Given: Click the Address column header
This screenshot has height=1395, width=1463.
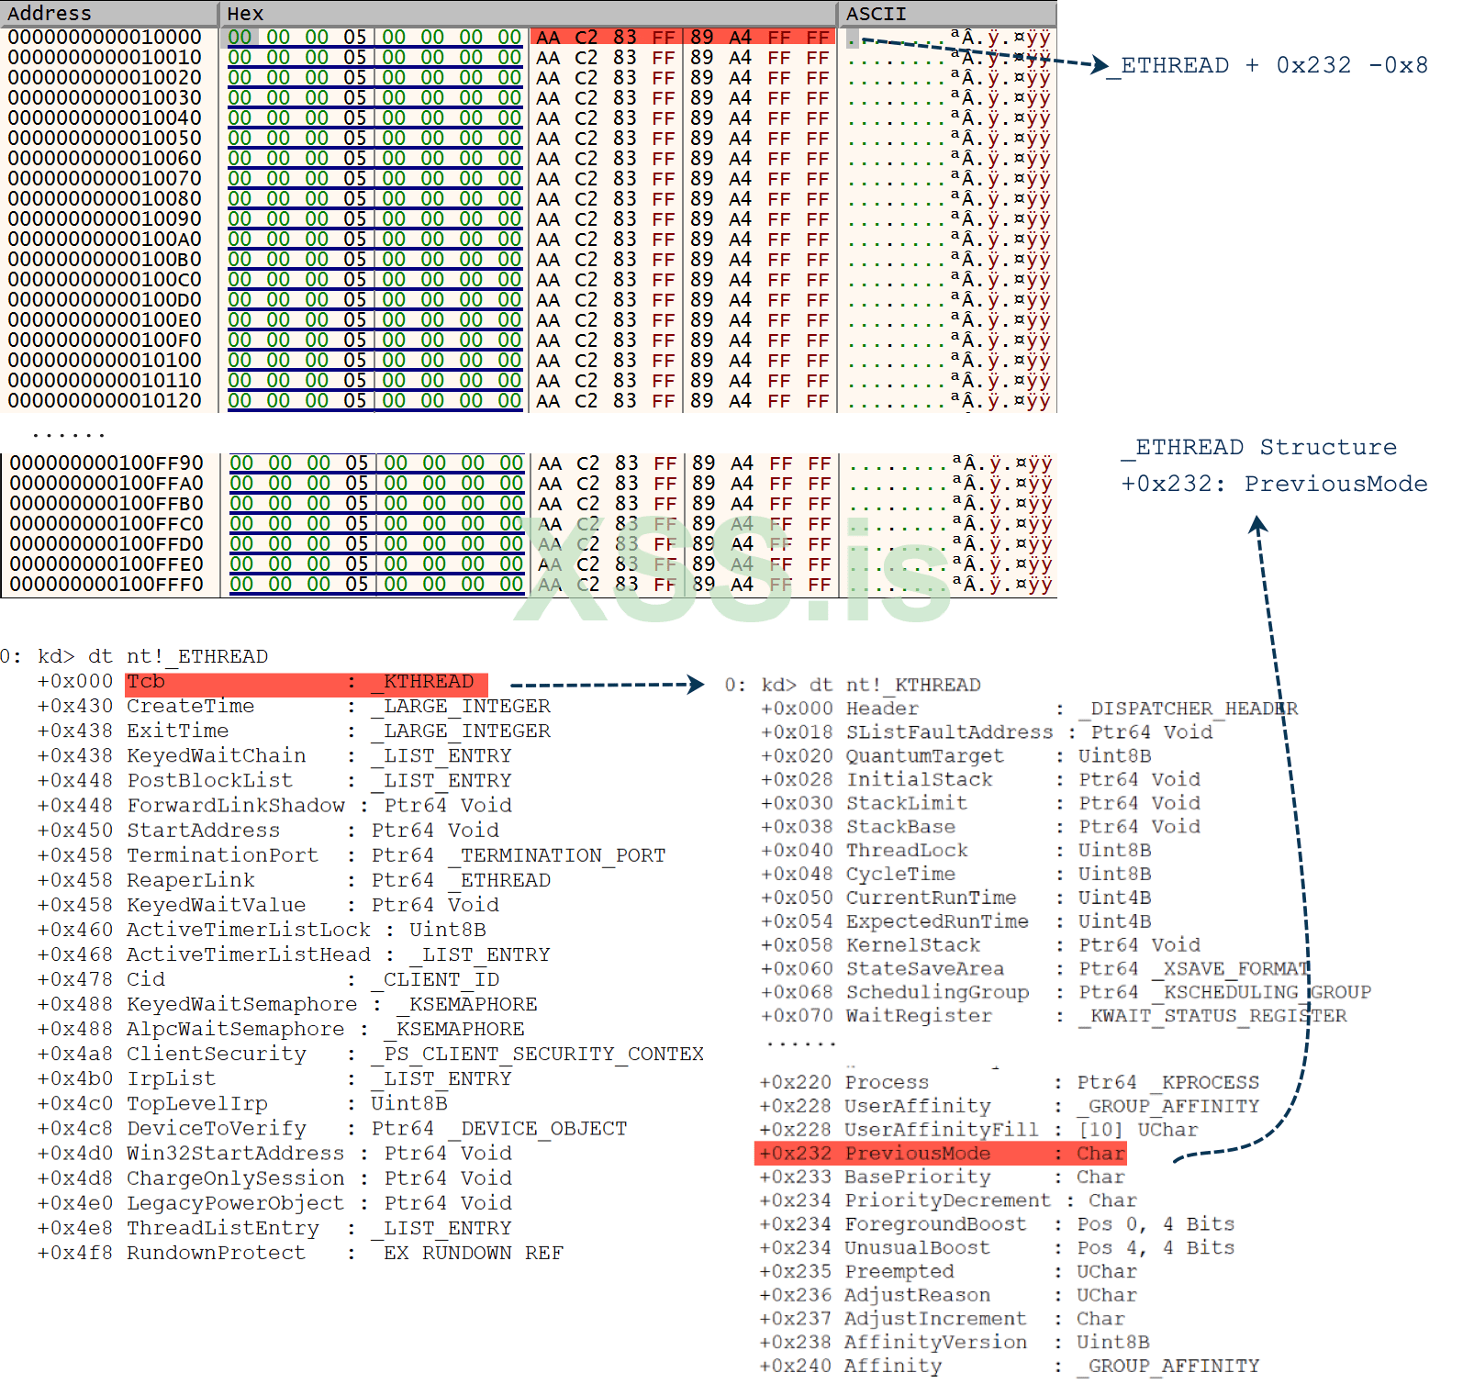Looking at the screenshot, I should click(x=50, y=14).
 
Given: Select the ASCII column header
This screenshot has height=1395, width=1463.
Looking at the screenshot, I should click(x=876, y=14).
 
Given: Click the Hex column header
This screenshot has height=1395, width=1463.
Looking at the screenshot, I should click(x=245, y=14).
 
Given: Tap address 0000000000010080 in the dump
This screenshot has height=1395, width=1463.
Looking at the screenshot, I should click(x=105, y=199).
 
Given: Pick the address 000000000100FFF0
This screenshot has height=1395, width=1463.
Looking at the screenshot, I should click(x=106, y=585).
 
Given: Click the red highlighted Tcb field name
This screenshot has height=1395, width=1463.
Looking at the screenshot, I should click(x=146, y=682).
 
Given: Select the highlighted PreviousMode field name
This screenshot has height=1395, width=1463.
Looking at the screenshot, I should click(x=918, y=1154).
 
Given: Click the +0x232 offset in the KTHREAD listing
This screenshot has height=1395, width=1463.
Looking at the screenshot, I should click(x=796, y=1154).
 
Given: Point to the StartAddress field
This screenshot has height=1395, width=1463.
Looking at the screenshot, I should click(x=203, y=831).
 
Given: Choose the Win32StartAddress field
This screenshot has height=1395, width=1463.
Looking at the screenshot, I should click(x=235, y=1154).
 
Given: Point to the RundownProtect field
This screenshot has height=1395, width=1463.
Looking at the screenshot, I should click(x=216, y=1253).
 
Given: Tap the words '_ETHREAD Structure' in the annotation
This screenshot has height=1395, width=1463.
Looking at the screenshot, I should click(x=1259, y=448).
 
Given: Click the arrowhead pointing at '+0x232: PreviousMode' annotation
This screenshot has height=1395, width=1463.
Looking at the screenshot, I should click(x=1258, y=524).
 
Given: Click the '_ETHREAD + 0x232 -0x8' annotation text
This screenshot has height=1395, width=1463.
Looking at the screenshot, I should click(x=1268, y=66).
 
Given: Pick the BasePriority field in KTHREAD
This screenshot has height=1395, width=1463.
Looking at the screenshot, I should click(x=918, y=1177).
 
